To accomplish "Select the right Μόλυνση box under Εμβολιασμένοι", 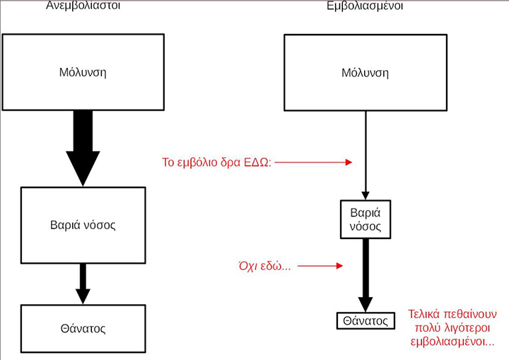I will [365, 72].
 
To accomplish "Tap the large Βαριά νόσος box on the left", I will [83, 226].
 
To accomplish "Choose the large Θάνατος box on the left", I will [83, 328].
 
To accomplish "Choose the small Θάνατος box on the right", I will [365, 320].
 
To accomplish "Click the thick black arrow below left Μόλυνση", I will [83, 149].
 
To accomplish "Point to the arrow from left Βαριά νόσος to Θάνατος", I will [83, 283].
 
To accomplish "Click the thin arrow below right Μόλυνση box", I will [365, 156].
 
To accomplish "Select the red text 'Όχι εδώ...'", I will [265, 267].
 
